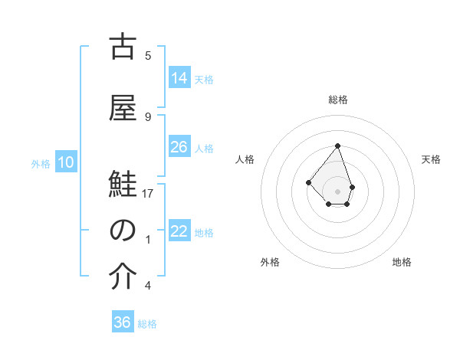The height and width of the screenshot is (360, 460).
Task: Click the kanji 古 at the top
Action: pos(123,48)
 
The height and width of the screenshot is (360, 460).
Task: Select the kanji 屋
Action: pos(123,107)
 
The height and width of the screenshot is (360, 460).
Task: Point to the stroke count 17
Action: pos(149,194)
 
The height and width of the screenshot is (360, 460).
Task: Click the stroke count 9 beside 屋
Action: pos(148,116)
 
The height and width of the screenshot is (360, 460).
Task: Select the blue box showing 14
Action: pos(179,78)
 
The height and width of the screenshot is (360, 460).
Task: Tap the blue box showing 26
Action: pos(179,147)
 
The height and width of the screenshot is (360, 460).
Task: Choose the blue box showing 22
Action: pos(179,231)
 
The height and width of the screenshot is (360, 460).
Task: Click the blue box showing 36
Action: pos(123,322)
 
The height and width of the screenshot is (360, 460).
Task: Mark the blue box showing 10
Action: pos(65,162)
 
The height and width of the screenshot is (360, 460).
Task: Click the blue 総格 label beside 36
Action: pos(147,324)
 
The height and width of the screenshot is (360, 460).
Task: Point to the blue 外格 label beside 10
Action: pos(41,163)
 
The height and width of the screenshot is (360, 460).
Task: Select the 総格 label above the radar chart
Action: pos(338,100)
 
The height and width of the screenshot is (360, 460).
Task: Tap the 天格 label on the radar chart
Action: pos(432,159)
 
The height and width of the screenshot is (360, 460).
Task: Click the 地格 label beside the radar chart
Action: pos(402,262)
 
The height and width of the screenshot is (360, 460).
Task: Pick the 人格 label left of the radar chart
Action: pos(245,159)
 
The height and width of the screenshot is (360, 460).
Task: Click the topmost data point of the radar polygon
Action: pos(337,145)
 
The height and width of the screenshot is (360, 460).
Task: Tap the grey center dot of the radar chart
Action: pos(337,191)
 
